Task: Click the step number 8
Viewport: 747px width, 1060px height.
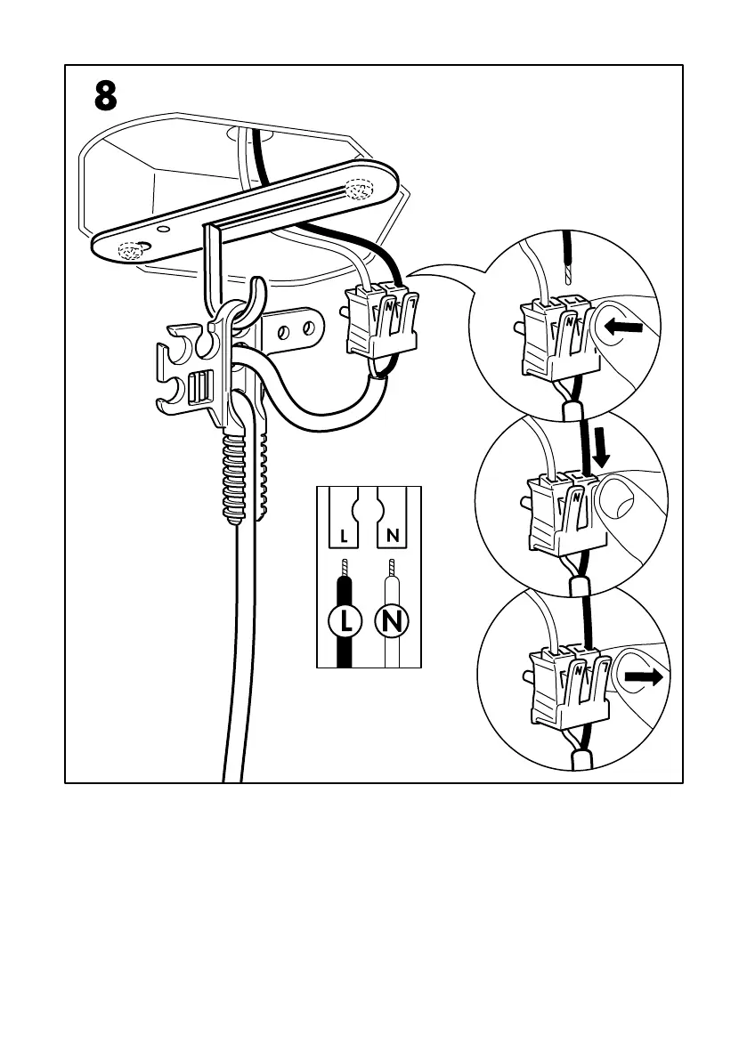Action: pyautogui.click(x=105, y=97)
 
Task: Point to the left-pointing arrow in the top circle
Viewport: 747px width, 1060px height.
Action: pyautogui.click(x=622, y=328)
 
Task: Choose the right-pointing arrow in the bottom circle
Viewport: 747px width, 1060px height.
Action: pyautogui.click(x=643, y=678)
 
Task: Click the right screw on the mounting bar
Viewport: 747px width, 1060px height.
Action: pyautogui.click(x=361, y=190)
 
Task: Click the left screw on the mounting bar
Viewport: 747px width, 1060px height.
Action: pyautogui.click(x=132, y=252)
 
